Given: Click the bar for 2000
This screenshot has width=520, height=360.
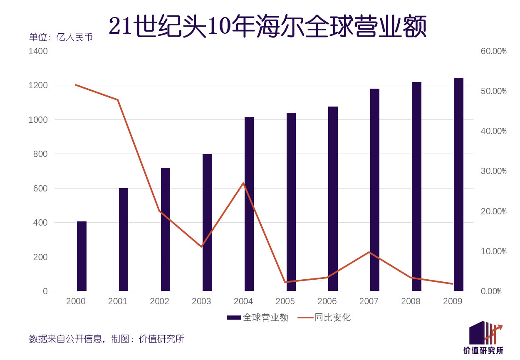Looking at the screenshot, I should (82, 256).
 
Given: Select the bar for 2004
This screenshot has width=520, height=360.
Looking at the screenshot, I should (249, 204).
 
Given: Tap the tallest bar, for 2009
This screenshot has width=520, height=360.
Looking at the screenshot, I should (458, 184).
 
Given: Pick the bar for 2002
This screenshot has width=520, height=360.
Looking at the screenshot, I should (166, 229).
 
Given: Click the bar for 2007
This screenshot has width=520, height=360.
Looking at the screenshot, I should (375, 190).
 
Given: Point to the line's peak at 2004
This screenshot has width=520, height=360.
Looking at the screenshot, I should (243, 183).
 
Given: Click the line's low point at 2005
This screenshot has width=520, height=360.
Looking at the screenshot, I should (285, 282).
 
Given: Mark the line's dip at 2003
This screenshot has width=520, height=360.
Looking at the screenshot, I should (201, 247).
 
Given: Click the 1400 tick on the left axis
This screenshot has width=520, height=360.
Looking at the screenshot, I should (38, 51).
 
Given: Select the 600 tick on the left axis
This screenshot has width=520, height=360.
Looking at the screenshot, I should (41, 188).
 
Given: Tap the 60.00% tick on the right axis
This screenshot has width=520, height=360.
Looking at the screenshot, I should (493, 51).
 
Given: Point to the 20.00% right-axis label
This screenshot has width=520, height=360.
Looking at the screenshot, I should (493, 211).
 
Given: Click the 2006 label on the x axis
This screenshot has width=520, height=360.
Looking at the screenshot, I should (327, 301).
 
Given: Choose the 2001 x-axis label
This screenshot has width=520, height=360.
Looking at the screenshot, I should (118, 301).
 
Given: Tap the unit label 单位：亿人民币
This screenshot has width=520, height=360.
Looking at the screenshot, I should (61, 37).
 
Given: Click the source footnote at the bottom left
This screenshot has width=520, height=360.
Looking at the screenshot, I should (106, 339).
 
